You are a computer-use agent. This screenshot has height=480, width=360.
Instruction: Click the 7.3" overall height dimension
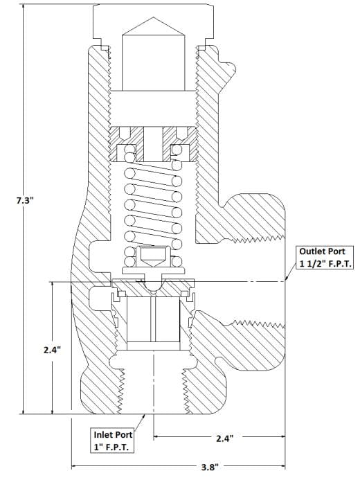[x=24, y=200]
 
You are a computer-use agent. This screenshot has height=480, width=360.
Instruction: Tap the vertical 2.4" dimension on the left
[x=52, y=350]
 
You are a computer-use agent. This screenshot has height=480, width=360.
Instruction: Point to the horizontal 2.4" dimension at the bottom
[x=225, y=438]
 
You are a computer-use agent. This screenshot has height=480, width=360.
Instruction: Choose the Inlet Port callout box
[x=113, y=441]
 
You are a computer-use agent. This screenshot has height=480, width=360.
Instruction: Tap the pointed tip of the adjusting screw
[x=153, y=18]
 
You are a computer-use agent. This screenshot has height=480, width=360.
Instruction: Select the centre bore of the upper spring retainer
[x=153, y=144]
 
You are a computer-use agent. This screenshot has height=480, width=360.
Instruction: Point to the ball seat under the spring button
[x=153, y=285]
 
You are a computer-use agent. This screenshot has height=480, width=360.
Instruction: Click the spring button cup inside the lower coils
[x=153, y=256]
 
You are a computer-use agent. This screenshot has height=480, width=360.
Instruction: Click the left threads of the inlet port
[x=122, y=391]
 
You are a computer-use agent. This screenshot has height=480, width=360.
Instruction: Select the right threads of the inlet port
[x=185, y=391]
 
